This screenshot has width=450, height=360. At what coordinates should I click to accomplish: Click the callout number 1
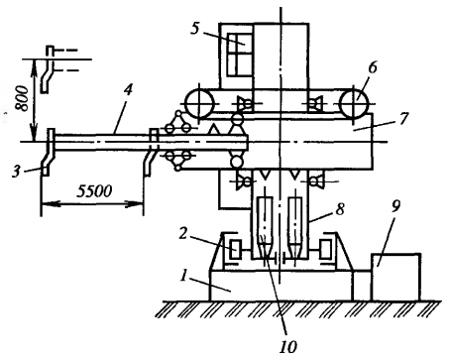point(183,276)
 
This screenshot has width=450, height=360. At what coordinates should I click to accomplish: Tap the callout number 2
point(182,234)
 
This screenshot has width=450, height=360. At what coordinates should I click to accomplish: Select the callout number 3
point(16,172)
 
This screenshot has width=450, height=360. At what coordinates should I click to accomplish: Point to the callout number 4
point(128,89)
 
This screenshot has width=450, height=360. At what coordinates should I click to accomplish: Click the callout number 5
point(195,29)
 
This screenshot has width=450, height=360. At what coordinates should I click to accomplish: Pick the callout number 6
point(373,67)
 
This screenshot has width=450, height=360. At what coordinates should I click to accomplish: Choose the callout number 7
point(403,119)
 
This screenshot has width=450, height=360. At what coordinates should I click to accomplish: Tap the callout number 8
point(340,209)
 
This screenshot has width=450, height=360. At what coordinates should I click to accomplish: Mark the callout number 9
point(395,206)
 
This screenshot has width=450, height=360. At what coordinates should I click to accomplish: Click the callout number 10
point(288,347)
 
